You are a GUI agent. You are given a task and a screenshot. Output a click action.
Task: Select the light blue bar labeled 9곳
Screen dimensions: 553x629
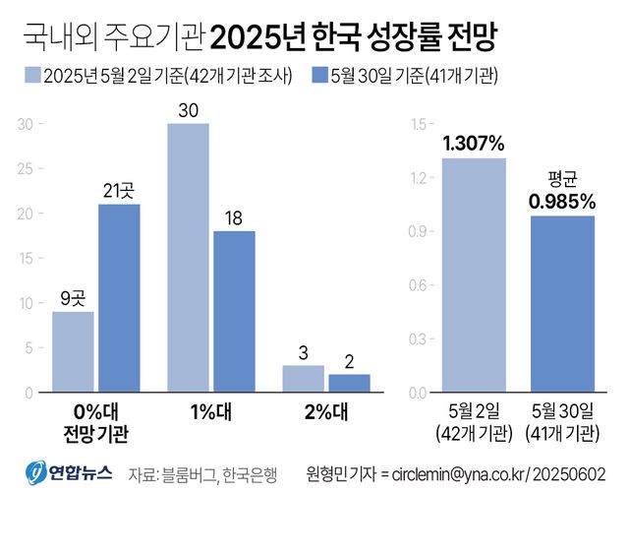click(x=73, y=352)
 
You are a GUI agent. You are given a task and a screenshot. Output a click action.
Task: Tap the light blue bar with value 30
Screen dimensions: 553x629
click(x=188, y=258)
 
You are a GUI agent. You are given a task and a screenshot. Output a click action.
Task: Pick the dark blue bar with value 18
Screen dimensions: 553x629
click(x=234, y=312)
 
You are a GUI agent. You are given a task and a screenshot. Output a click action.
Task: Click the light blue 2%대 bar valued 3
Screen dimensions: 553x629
click(x=303, y=379)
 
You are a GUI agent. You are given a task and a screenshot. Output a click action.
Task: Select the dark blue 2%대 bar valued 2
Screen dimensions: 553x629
click(x=349, y=383)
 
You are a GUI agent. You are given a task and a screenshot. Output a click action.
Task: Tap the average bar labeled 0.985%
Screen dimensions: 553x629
click(x=563, y=304)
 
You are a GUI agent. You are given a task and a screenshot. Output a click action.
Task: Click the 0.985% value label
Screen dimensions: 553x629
click(x=562, y=202)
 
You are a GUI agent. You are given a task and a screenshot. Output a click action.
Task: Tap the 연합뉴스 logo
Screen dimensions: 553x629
click(x=68, y=473)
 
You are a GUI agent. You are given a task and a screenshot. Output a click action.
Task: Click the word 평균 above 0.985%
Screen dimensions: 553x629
click(x=562, y=179)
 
